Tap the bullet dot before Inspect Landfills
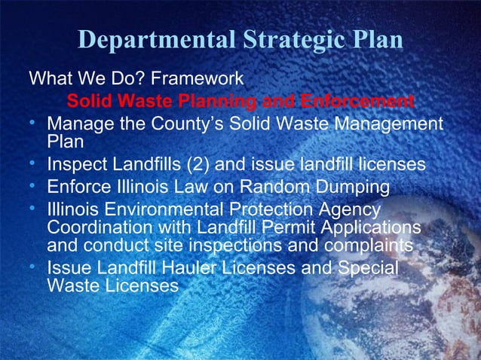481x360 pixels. pyautogui.click(x=35, y=163)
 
